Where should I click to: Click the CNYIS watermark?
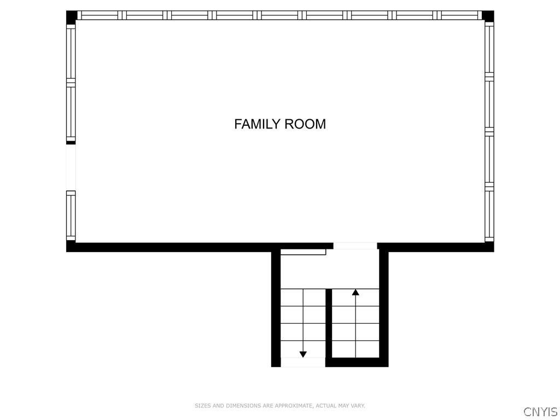(540, 412)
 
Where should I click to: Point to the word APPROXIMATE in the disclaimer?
(294, 406)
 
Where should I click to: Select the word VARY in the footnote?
(358, 406)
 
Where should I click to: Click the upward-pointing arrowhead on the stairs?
(355, 293)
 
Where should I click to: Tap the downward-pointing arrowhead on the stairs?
(303, 354)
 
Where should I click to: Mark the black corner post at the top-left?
(72, 16)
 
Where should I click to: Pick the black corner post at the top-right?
(488, 16)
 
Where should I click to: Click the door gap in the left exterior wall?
(71, 167)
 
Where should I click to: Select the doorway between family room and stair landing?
(355, 246)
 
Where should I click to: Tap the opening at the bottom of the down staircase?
(303, 362)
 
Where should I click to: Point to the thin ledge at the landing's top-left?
(303, 252)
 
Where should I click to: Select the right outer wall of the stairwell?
(384, 306)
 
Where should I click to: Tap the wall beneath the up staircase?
(355, 362)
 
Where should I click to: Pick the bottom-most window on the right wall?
(489, 215)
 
